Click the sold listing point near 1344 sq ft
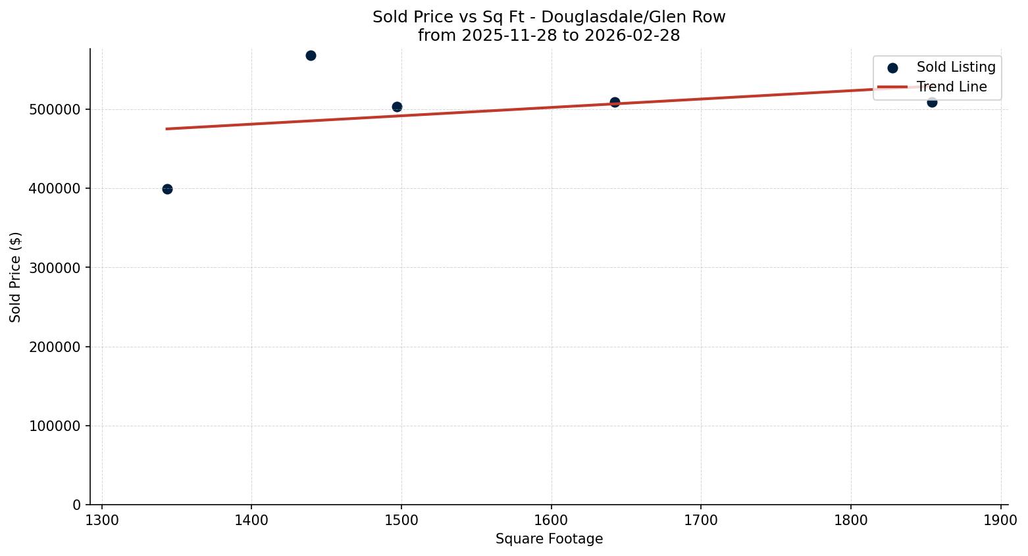click(167, 189)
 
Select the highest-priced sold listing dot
click(311, 55)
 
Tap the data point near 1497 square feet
click(397, 107)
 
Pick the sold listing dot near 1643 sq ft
click(615, 102)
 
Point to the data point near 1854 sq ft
click(932, 102)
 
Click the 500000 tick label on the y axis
click(55, 109)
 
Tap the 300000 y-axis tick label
click(55, 268)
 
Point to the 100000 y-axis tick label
click(55, 426)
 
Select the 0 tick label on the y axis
click(76, 505)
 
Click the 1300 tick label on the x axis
click(102, 520)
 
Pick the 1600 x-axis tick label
click(551, 520)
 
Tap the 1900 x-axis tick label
click(1000, 520)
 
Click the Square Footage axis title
click(549, 539)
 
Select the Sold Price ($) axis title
click(15, 277)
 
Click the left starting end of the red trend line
click(167, 129)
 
